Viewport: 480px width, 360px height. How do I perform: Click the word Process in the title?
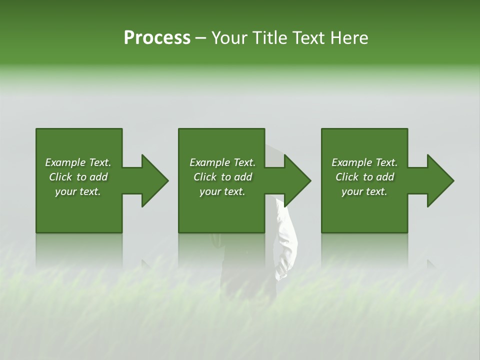(x=157, y=38)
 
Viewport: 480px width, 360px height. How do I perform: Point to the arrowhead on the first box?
(x=152, y=180)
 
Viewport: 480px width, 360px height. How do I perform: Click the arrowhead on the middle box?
(x=295, y=180)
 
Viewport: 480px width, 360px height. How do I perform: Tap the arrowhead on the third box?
(x=438, y=180)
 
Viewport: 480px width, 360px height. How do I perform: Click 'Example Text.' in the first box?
(x=78, y=162)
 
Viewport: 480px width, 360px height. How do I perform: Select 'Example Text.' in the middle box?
(x=222, y=162)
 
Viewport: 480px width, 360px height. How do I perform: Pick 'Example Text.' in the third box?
(x=364, y=162)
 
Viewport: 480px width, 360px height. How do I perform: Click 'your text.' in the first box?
(x=78, y=191)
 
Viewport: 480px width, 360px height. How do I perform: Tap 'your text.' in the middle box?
(x=222, y=191)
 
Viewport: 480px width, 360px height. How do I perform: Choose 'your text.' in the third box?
(x=364, y=191)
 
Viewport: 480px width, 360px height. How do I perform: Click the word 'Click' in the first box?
(x=60, y=177)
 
